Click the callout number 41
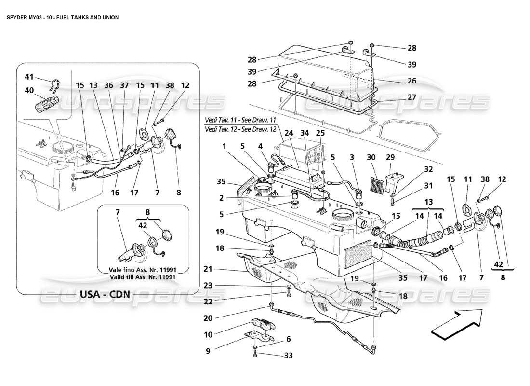point(28,77)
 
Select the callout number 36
point(109,85)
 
